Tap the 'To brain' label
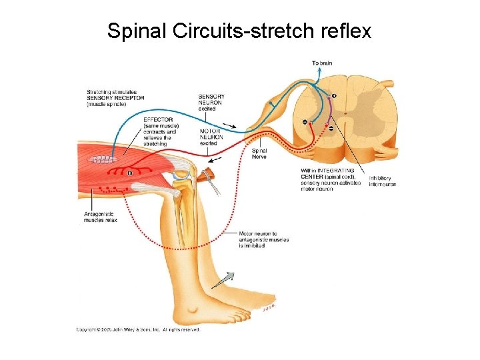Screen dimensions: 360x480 tap(322, 63)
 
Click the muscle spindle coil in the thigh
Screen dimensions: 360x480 tap(103, 160)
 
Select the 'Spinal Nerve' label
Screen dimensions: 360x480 tap(259, 154)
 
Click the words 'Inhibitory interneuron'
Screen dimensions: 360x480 tap(383, 181)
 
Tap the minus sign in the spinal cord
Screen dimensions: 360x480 tap(331, 128)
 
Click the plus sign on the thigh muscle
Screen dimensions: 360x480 tap(130, 173)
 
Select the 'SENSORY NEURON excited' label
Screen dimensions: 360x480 tap(211, 103)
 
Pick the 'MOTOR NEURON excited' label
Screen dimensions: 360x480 tap(211, 137)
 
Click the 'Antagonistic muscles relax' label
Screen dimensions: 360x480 tap(101, 217)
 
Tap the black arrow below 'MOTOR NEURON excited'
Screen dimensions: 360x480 tap(215, 160)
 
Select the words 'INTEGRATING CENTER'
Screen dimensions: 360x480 tap(327, 171)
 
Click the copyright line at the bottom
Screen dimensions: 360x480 tap(138, 329)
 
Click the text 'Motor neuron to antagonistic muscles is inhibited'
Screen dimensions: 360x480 tap(264, 240)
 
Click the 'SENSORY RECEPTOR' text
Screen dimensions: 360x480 tap(115, 98)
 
